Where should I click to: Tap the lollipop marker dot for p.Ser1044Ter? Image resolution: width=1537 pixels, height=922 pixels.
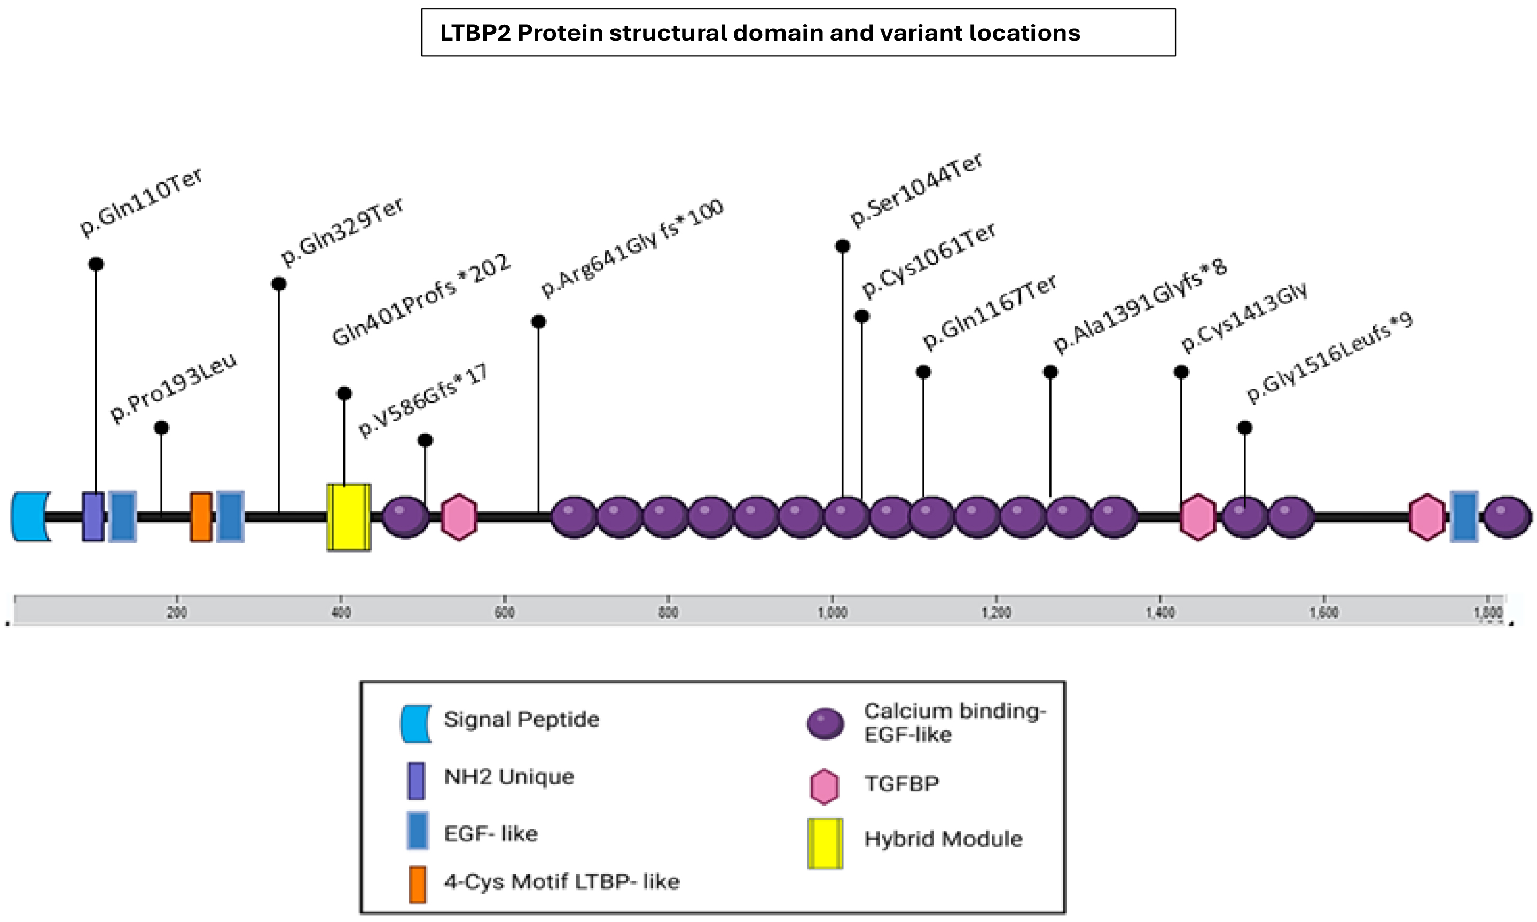(842, 246)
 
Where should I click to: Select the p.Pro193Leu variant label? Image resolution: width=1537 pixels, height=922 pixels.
(174, 388)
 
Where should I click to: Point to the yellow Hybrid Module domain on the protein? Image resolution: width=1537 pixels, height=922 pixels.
(349, 517)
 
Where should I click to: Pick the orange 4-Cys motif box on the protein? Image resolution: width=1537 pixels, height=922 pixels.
(201, 517)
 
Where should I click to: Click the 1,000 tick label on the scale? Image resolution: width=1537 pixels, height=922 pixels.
(832, 612)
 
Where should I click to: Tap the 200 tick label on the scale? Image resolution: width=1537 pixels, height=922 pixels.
(177, 612)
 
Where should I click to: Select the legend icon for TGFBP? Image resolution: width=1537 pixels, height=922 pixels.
(824, 786)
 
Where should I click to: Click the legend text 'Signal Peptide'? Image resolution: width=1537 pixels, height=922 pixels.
(521, 720)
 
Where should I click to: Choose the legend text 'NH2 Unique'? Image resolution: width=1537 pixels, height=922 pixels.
(509, 777)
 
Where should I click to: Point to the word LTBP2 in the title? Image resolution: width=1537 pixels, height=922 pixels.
(475, 33)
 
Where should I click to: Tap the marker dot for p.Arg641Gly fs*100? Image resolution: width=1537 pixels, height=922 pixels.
(538, 322)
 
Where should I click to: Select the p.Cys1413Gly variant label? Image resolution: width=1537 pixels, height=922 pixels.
(1244, 318)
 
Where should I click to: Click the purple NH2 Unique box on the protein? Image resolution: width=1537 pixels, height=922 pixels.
(93, 517)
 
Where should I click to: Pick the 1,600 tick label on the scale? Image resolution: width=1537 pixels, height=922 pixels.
(1324, 612)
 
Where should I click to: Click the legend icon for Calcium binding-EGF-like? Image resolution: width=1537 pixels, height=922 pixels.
(825, 724)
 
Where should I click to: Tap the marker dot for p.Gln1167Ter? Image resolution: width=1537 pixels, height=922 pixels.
(923, 372)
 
